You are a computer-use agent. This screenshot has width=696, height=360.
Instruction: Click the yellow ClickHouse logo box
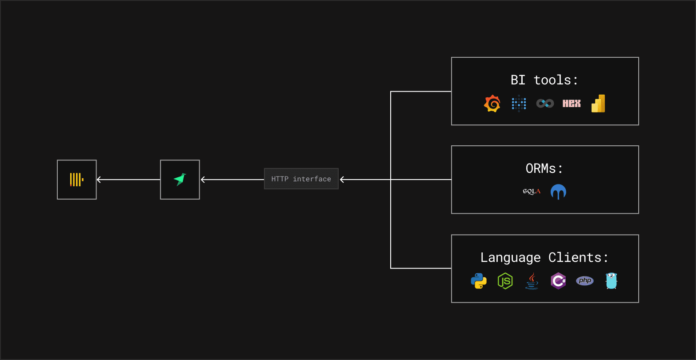pos(77,180)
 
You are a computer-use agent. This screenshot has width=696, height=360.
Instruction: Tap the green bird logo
pos(180,180)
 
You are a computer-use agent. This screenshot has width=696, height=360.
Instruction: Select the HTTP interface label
pos(301,179)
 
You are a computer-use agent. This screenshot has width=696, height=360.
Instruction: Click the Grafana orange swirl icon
pos(492,104)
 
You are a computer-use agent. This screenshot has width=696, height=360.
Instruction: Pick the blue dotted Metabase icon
pos(519,104)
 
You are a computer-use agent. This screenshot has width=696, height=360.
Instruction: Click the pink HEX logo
pos(572,104)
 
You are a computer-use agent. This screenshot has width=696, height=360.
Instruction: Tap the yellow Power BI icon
pos(598,104)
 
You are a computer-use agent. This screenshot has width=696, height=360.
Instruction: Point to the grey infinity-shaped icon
pos(545,104)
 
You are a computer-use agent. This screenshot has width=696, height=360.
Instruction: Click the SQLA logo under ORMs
pos(532,192)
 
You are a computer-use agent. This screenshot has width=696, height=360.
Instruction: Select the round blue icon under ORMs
pos(558,192)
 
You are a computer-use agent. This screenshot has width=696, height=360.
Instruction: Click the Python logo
pos(479,281)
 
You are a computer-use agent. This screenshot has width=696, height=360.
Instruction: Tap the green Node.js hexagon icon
pos(505,281)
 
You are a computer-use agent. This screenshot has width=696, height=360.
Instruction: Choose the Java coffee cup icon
pos(532,281)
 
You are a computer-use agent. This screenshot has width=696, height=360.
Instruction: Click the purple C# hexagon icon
pos(558,281)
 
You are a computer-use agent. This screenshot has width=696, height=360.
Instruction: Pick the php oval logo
pos(585,281)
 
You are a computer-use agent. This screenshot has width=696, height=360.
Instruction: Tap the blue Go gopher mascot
pos(612,281)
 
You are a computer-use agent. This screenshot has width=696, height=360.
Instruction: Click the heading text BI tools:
pos(544,80)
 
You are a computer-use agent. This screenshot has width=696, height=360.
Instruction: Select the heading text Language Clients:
pos(544,257)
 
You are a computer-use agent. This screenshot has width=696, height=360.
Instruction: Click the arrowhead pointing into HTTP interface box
pos(342,180)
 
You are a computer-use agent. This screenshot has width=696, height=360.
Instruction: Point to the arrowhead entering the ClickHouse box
pos(99,180)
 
